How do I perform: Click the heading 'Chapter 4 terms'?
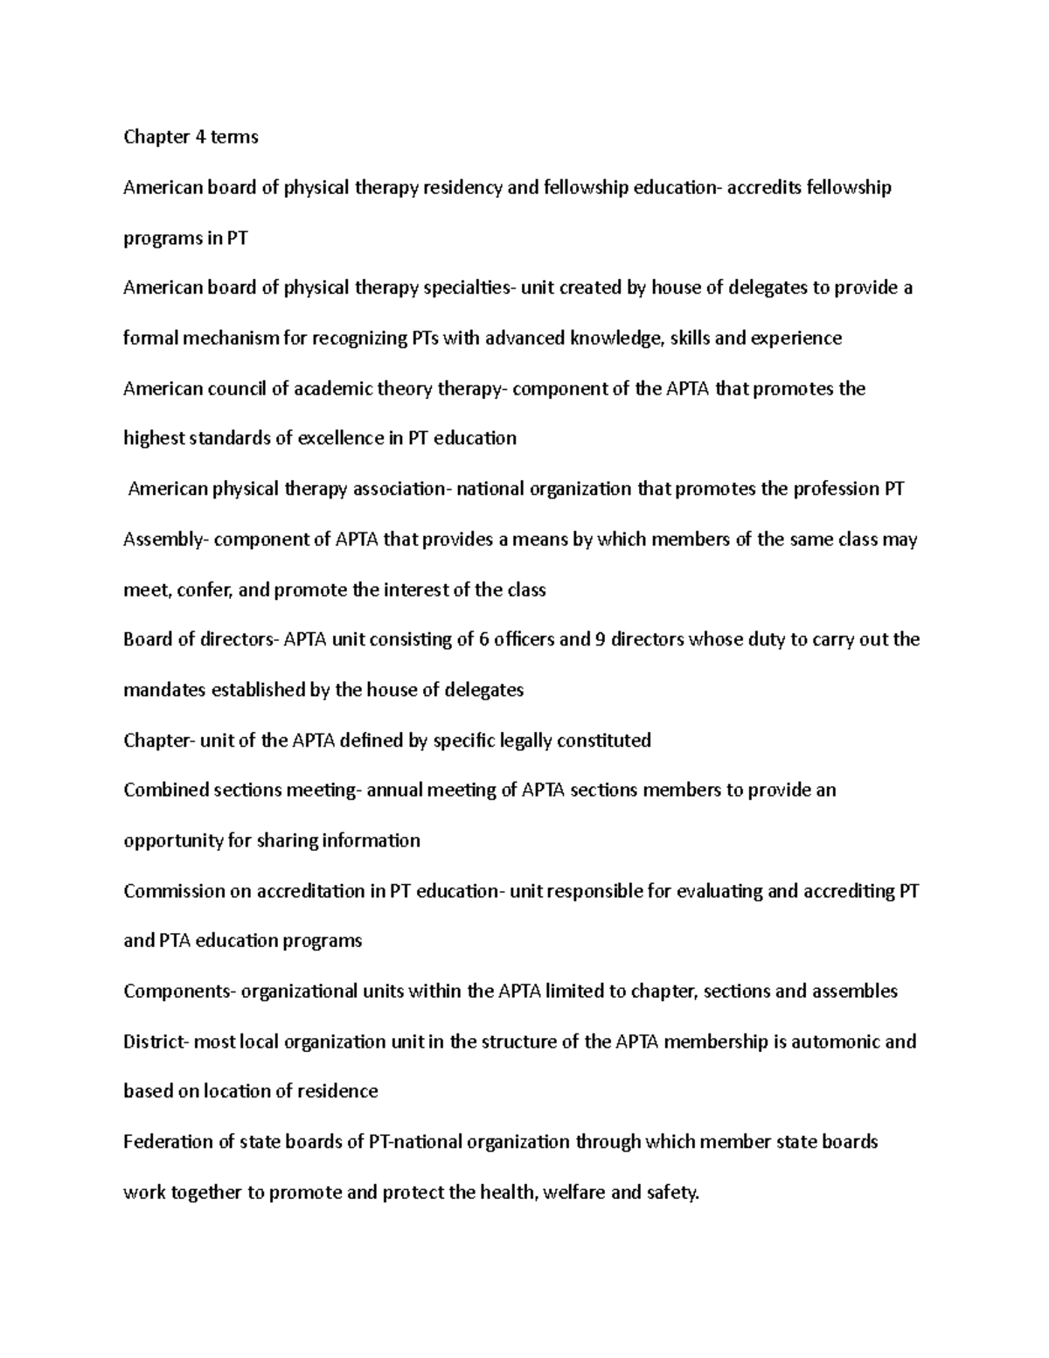click(191, 137)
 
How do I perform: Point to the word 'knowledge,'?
click(617, 338)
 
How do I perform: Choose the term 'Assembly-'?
click(166, 540)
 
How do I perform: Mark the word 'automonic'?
click(830, 1042)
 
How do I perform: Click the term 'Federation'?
click(167, 1142)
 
